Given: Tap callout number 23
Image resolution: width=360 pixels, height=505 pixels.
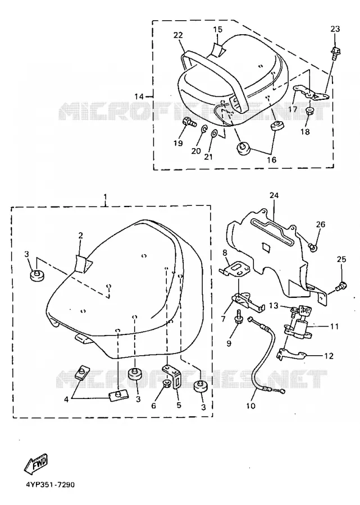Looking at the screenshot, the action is tap(335, 29).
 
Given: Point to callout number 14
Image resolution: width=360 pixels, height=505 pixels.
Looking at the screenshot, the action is tap(139, 97).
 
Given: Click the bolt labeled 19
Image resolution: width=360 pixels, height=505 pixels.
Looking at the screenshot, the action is tap(188, 122).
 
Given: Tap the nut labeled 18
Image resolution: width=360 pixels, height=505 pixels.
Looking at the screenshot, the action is tap(309, 111).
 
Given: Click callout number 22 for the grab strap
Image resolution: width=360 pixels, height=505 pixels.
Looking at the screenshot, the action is tap(178, 35).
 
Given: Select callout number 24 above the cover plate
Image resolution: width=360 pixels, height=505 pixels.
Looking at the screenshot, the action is tap(274, 195).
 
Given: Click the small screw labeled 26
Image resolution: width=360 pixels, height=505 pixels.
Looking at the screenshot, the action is tap(312, 247).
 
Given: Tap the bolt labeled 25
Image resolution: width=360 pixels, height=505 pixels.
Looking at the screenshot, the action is tap(341, 286).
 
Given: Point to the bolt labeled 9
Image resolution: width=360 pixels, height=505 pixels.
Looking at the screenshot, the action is tap(238, 315).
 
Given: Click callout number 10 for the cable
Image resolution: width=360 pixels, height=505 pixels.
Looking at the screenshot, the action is tap(250, 406).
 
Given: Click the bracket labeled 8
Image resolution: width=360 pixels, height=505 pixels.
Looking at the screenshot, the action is tap(234, 269).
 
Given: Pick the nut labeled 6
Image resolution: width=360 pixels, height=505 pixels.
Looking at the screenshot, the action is tap(167, 384).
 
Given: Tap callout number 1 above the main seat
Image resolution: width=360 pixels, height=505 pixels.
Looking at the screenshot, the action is tap(106, 196).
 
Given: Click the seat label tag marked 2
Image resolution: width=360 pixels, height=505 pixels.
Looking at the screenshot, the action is tap(84, 263).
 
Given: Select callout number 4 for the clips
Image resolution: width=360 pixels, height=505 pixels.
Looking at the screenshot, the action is tap(66, 400).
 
